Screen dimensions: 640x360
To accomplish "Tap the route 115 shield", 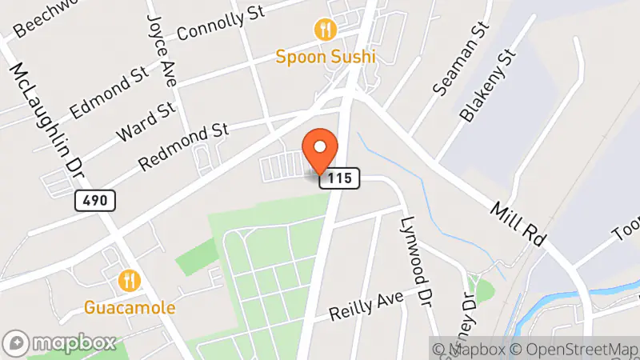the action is pos(339,179).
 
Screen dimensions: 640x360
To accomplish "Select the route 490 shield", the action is pos(95,200).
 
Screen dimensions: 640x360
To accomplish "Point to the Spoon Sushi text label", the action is pos(325,56).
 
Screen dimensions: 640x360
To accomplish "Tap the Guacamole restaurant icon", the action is pos(129,281).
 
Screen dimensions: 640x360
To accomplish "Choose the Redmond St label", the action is pos(184,146).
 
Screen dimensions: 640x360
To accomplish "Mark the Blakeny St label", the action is pos(485,88).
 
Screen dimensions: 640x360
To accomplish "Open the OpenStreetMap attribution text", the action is pos(574,349).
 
